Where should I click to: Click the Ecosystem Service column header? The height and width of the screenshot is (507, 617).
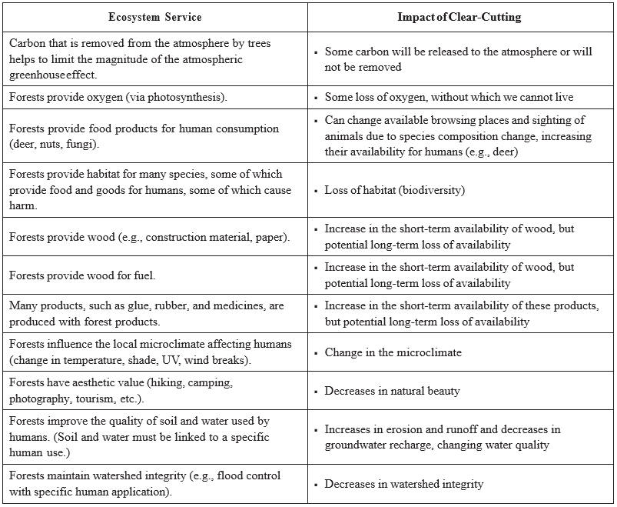tap(154, 16)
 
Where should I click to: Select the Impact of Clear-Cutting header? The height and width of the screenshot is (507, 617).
tap(461, 16)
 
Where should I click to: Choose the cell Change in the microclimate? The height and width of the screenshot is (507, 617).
tap(393, 352)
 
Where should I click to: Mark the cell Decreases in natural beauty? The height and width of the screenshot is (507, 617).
tap(392, 391)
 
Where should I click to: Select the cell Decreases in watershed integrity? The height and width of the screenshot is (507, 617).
tap(403, 484)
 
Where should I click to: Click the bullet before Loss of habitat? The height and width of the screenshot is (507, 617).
tap(316, 190)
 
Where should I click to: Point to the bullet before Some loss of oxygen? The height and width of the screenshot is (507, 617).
tap(316, 98)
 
